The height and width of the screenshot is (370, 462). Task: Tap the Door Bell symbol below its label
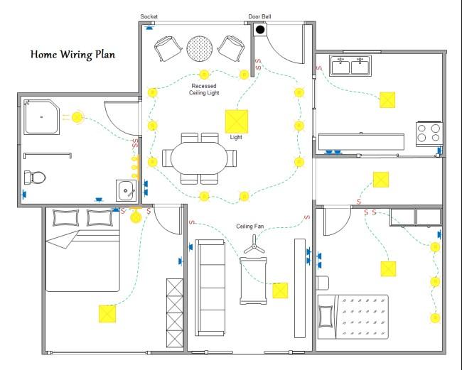point(260,30)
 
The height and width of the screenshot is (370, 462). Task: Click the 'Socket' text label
point(149,16)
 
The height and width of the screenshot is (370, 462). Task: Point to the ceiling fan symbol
point(254,249)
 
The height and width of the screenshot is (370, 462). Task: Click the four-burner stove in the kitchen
point(429,133)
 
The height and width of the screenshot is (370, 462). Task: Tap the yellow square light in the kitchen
point(387,99)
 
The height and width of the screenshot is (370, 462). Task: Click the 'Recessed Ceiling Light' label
point(204,89)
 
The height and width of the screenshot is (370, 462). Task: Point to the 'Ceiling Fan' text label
point(250,227)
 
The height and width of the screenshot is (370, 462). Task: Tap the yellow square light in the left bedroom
point(107,313)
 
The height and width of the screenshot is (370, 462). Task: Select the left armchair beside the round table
point(168,48)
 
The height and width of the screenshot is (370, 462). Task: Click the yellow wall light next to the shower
point(76,117)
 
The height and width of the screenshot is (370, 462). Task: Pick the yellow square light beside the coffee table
point(280,290)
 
